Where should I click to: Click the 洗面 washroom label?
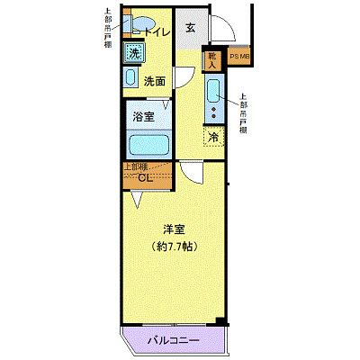155,81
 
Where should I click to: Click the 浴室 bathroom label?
143,117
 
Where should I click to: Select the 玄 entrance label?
191,27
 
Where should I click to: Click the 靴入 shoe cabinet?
212,59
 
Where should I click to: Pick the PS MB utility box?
239,59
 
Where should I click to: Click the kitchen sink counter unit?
213,99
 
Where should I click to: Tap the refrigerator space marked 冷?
214,137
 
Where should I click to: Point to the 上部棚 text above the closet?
136,166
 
